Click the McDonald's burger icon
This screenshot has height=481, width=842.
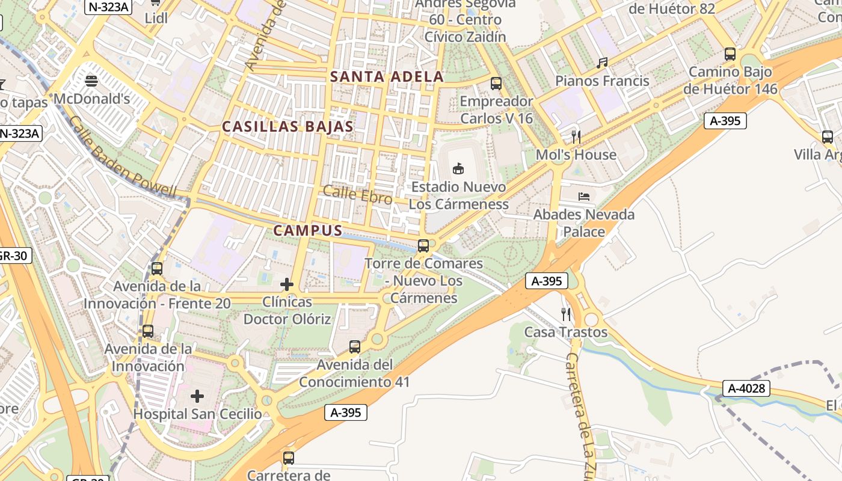pyautogui.click(x=91, y=81)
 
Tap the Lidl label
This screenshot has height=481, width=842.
pyautogui.click(x=156, y=18)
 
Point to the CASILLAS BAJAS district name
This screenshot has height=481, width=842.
pyautogui.click(x=287, y=126)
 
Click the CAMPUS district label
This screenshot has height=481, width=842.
pyautogui.click(x=308, y=230)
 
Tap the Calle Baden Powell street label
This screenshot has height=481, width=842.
pyautogui.click(x=123, y=158)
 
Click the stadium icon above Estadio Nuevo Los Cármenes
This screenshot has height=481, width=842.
pyautogui.click(x=458, y=168)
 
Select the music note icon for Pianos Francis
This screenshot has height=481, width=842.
pyautogui.click(x=602, y=63)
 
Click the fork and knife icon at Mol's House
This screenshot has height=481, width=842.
pyautogui.click(x=576, y=136)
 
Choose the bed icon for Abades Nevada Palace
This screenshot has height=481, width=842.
pyautogui.click(x=584, y=196)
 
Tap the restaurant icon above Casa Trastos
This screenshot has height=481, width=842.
pyautogui.click(x=565, y=314)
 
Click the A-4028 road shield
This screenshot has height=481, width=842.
pyautogui.click(x=746, y=388)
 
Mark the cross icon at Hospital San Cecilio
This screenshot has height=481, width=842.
pyautogui.click(x=197, y=396)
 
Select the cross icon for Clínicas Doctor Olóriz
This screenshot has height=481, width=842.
pyautogui.click(x=287, y=284)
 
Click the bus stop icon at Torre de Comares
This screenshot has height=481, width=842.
pyautogui.click(x=423, y=245)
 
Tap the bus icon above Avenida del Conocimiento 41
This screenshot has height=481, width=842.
pyautogui.click(x=355, y=346)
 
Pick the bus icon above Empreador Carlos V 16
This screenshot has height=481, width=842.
pyautogui.click(x=496, y=84)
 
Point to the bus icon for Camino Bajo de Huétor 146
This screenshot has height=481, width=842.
pyautogui.click(x=730, y=54)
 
